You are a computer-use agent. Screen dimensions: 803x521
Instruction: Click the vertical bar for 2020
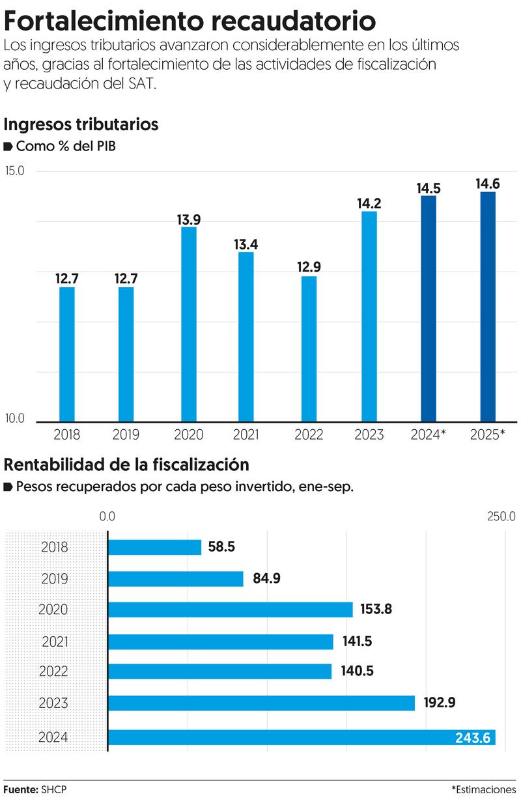[x=189, y=324]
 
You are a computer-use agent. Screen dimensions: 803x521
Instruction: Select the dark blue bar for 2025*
[x=488, y=306]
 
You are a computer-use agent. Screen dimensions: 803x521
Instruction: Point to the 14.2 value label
[x=369, y=203]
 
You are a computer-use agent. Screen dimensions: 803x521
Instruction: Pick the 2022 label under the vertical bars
[x=309, y=435]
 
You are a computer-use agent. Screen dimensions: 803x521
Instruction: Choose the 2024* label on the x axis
[x=428, y=435]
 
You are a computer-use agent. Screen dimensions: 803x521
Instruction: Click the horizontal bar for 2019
[x=176, y=579]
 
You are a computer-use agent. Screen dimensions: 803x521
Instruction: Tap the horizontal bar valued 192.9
[x=261, y=703]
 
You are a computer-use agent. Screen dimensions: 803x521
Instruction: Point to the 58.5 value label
[x=221, y=547]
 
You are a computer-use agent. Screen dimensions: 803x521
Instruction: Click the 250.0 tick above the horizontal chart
[x=501, y=516]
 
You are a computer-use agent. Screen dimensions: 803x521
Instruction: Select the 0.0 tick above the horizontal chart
[x=107, y=516]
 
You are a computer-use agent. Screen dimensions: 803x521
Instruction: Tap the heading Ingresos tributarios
[x=81, y=124]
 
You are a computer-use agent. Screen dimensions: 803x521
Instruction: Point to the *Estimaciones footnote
[x=483, y=789]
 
